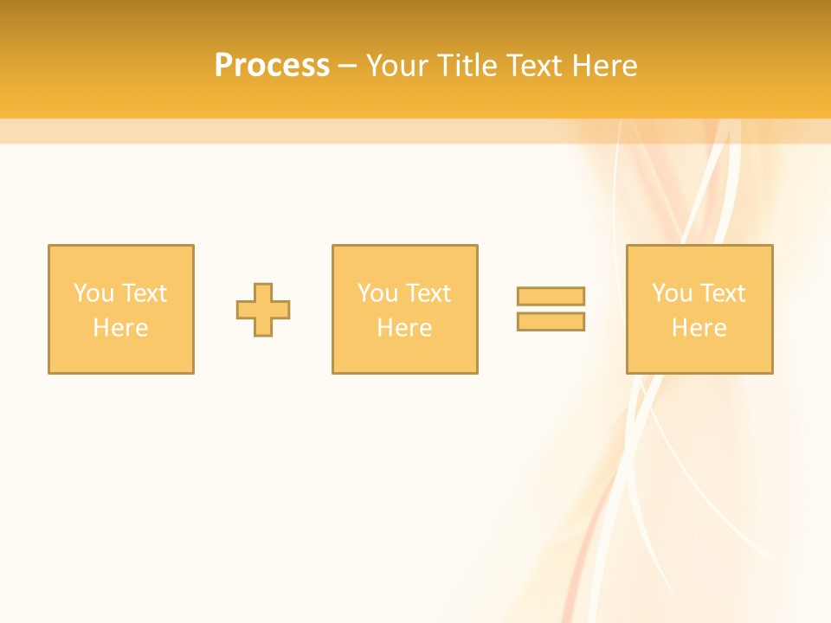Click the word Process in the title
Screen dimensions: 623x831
272,66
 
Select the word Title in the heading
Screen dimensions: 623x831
468,66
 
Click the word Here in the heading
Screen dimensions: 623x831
608,66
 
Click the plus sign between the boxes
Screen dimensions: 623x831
263,310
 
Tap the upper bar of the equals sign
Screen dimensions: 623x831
551,296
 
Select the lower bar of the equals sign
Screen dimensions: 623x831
551,322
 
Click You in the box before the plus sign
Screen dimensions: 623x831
93,293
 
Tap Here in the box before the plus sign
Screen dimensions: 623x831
120,328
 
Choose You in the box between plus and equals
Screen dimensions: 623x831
377,293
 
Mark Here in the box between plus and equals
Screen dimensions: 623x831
404,328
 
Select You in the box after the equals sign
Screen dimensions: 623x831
672,293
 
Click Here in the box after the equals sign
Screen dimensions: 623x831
699,328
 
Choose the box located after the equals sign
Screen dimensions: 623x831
699,355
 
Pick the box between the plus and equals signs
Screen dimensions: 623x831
405,355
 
